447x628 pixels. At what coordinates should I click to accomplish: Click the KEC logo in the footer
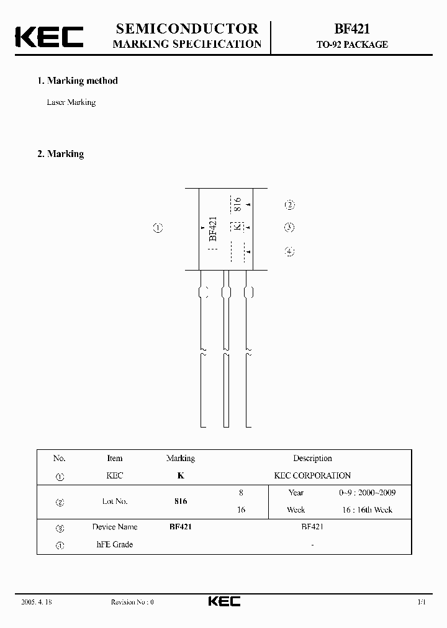pyautogui.click(x=223, y=601)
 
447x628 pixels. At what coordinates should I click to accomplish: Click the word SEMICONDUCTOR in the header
pyautogui.click(x=187, y=29)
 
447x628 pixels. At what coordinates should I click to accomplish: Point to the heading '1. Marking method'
pyautogui.click(x=78, y=81)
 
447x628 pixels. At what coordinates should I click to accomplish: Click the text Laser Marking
pyautogui.click(x=71, y=102)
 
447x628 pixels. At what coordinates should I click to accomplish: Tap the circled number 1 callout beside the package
pyautogui.click(x=158, y=228)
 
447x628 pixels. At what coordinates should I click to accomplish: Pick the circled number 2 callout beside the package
pyautogui.click(x=289, y=205)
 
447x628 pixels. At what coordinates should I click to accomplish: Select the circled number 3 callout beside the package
pyautogui.click(x=289, y=228)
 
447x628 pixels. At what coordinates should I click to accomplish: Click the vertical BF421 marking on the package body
pyautogui.click(x=213, y=229)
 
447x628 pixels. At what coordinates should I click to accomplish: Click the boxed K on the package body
pyautogui.click(x=237, y=227)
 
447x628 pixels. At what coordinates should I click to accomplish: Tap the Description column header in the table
pyautogui.click(x=312, y=459)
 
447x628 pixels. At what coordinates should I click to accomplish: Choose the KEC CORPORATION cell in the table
pyautogui.click(x=312, y=476)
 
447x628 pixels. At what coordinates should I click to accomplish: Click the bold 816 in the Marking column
pyautogui.click(x=180, y=501)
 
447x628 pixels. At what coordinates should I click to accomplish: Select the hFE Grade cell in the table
pyautogui.click(x=115, y=545)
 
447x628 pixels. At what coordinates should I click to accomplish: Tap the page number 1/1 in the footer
pyautogui.click(x=422, y=602)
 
